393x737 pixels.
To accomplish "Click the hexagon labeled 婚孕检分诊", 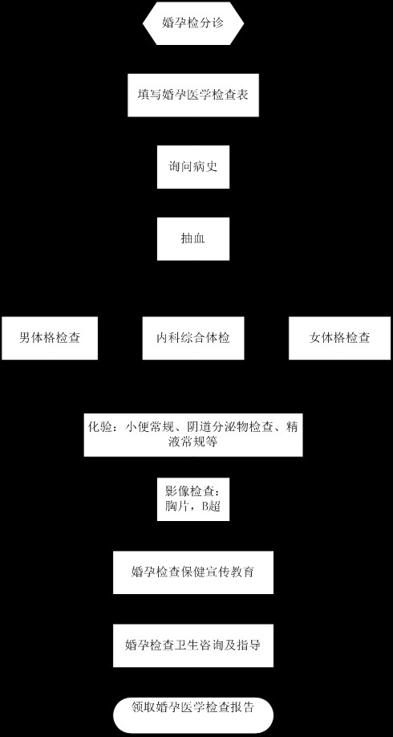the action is (x=193, y=23).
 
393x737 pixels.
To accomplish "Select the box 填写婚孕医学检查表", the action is (x=193, y=95).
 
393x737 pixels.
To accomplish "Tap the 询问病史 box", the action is (x=193, y=167).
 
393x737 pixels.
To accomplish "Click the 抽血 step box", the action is (x=193, y=238).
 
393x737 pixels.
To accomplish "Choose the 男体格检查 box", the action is (x=50, y=338).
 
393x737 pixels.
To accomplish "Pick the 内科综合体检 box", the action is (x=193, y=338).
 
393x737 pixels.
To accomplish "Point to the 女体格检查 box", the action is (x=339, y=338).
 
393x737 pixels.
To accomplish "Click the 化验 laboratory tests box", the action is (x=193, y=435).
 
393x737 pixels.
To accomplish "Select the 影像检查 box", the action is (x=193, y=499).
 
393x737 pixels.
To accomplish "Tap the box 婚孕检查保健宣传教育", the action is (x=193, y=572).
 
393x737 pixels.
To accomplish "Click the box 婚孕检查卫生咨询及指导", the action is (x=193, y=645).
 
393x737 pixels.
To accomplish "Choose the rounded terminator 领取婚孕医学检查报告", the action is (x=193, y=715).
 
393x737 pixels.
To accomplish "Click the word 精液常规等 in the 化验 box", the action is (x=193, y=442).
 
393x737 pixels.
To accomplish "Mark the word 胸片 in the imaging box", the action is (x=175, y=507).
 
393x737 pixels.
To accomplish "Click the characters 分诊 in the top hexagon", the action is (x=212, y=22).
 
